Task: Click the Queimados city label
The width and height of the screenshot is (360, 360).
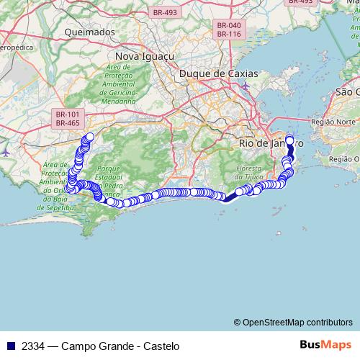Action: click(89, 32)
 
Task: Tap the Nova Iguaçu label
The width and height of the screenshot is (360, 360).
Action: click(143, 55)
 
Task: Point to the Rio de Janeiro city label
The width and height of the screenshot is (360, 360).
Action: click(270, 143)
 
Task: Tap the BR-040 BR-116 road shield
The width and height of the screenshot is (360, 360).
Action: click(228, 30)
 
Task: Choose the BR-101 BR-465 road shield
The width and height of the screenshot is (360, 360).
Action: click(67, 118)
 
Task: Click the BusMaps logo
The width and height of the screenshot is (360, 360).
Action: click(325, 345)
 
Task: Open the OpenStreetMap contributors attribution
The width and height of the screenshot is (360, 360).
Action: click(293, 323)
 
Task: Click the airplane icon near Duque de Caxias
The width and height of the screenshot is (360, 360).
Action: click(246, 87)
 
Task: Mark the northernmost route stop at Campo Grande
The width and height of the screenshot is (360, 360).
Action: click(90, 136)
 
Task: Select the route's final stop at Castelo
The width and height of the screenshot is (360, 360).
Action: click(290, 140)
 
